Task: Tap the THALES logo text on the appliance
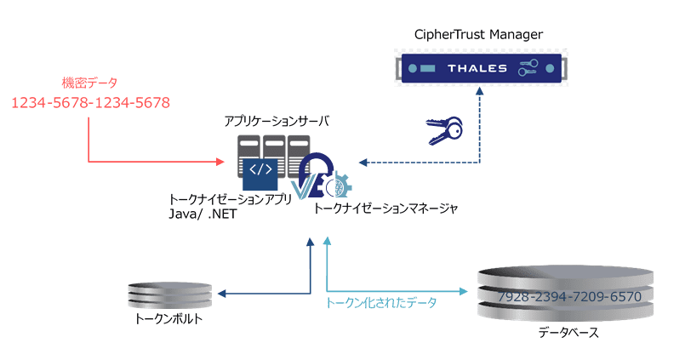[477, 68]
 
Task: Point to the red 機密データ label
[89, 83]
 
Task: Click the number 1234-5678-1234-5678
[90, 103]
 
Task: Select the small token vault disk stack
[169, 294]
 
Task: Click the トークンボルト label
[169, 320]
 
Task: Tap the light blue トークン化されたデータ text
[380, 303]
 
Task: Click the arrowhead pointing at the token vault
[221, 294]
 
